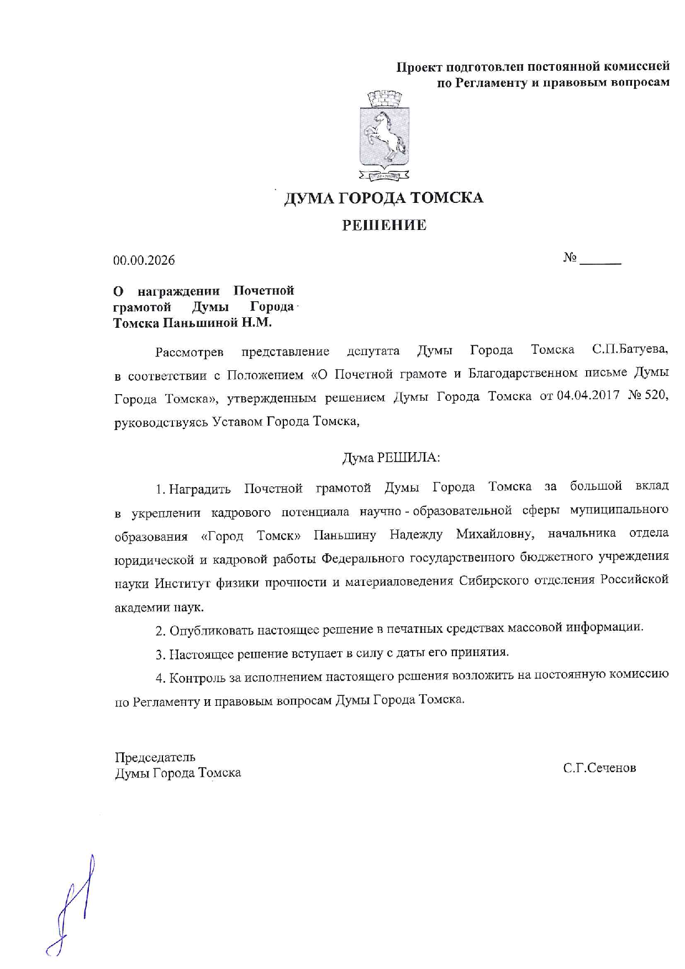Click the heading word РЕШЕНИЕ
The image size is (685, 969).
pos(384,225)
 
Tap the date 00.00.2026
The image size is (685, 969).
pos(144,260)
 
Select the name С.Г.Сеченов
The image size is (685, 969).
pos(599,768)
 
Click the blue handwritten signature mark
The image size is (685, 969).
pos(75,907)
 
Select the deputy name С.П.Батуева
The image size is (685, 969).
pos(630,349)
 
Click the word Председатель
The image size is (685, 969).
pos(155,757)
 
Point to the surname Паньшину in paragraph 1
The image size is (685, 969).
pos(345,535)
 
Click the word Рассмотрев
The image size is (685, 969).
pos(189,352)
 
